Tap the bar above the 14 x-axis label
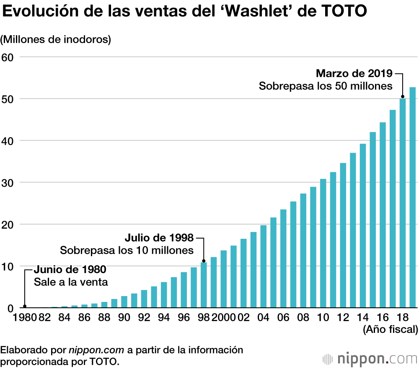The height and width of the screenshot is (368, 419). (363, 226)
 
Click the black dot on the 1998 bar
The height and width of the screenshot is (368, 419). (204, 262)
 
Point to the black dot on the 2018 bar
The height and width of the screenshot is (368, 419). (402, 97)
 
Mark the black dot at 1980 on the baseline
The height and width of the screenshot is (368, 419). (24, 306)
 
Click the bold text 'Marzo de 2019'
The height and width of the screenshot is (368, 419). (354, 74)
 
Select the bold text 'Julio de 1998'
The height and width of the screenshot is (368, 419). (159, 238)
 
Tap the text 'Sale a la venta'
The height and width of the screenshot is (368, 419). (71, 282)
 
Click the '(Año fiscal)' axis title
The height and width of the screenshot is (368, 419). (390, 330)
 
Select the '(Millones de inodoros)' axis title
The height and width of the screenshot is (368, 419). (56, 40)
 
